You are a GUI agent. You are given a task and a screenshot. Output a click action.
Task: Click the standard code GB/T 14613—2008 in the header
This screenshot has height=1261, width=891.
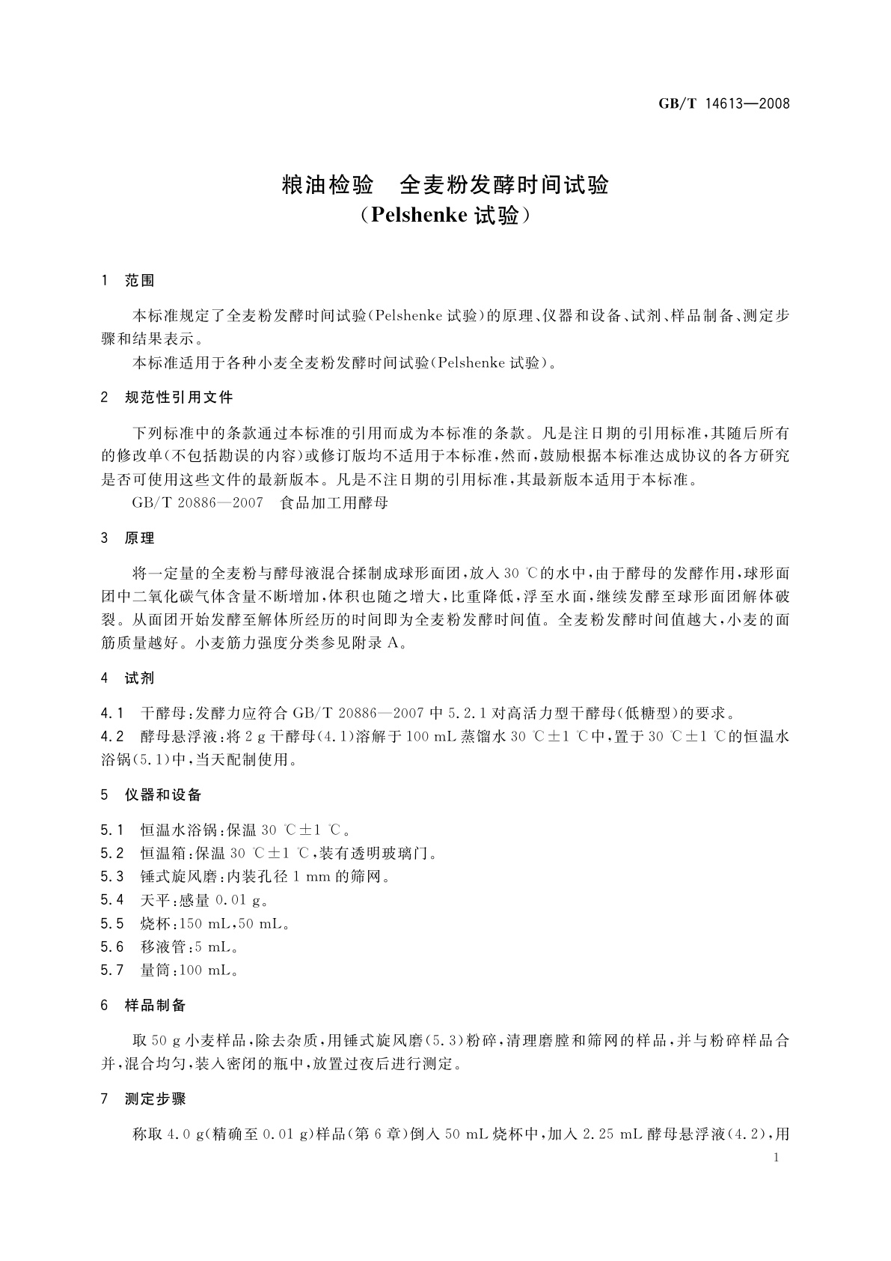pyautogui.click(x=723, y=104)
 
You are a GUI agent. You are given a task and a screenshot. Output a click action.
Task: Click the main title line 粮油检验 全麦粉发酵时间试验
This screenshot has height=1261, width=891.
pyautogui.click(x=445, y=185)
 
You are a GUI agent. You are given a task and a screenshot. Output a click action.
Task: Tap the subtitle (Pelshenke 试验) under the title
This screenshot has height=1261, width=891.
pyautogui.click(x=445, y=216)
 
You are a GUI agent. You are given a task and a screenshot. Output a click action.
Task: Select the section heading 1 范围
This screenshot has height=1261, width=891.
pyautogui.click(x=128, y=281)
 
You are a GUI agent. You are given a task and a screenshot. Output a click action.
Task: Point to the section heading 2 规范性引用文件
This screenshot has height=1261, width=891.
pyautogui.click(x=167, y=398)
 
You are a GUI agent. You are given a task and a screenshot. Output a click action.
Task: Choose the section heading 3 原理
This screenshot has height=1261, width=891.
pyautogui.click(x=128, y=538)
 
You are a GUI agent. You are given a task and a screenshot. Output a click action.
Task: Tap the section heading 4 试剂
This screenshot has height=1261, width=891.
pyautogui.click(x=128, y=678)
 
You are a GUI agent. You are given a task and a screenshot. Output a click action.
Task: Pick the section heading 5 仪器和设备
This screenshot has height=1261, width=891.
pyautogui.click(x=151, y=794)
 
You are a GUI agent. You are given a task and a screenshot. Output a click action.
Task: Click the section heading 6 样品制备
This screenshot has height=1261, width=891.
pyautogui.click(x=144, y=1006)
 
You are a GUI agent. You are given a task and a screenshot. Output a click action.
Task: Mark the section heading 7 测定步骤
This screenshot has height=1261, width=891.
pyautogui.click(x=144, y=1099)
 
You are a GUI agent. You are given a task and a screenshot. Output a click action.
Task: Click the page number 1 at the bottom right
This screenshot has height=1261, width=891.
pyautogui.click(x=776, y=1158)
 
